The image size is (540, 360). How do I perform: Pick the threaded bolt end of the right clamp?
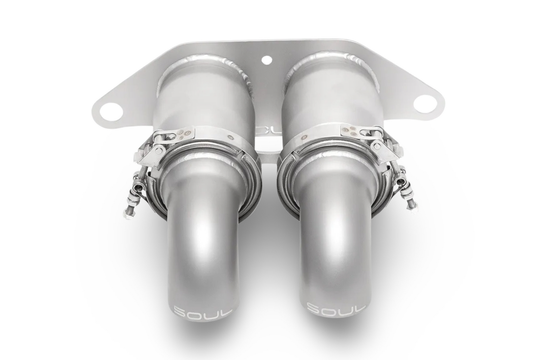coord(411,200)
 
